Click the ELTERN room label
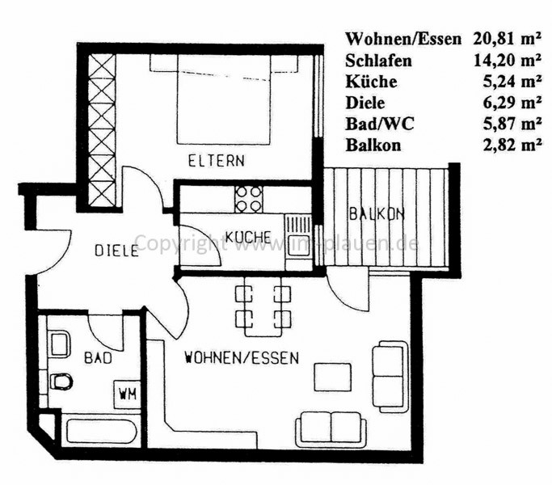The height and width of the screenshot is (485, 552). pyautogui.click(x=216, y=161)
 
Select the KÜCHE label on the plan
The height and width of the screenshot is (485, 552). pyautogui.click(x=248, y=237)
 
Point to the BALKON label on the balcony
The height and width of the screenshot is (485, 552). pyautogui.click(x=377, y=213)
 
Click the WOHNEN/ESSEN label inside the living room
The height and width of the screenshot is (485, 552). pyautogui.click(x=242, y=358)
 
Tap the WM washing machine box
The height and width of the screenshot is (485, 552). pyautogui.click(x=128, y=394)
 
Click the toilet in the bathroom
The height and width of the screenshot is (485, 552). pyautogui.click(x=61, y=381)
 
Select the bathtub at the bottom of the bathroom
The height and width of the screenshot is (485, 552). pyautogui.click(x=101, y=430)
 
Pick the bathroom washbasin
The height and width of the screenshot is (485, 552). pyautogui.click(x=60, y=344)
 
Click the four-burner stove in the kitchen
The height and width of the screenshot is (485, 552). pyautogui.click(x=249, y=199)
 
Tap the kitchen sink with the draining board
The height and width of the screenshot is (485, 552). pyautogui.click(x=298, y=242)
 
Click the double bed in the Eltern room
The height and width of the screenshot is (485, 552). pyautogui.click(x=224, y=99)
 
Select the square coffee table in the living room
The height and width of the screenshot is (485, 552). pyautogui.click(x=333, y=377)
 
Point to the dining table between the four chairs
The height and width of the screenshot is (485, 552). pyautogui.click(x=263, y=306)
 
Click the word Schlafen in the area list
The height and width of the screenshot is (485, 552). pyautogui.click(x=378, y=61)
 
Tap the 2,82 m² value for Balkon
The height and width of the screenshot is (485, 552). pyautogui.click(x=512, y=145)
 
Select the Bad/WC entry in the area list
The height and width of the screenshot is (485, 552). pyautogui.click(x=380, y=124)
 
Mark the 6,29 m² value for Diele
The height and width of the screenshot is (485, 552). pyautogui.click(x=512, y=103)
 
